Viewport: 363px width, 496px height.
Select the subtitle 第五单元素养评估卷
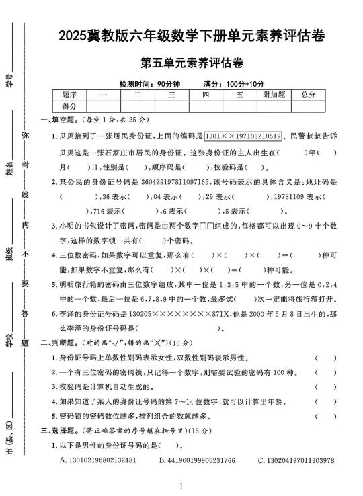tap(192, 64)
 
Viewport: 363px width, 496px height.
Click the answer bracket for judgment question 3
tap(326, 386)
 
